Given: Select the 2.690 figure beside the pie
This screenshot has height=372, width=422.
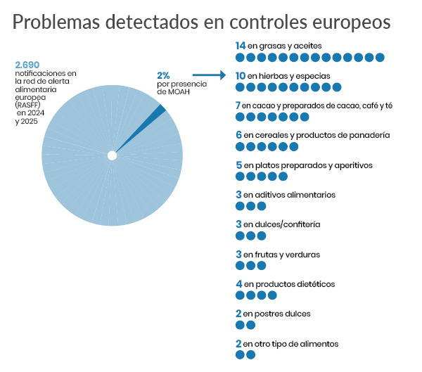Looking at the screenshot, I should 27,65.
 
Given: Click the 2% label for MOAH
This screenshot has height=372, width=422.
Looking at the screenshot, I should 163,75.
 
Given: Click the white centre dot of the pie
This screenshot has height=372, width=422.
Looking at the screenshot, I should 112,155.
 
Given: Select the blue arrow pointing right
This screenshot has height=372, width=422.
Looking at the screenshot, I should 208,74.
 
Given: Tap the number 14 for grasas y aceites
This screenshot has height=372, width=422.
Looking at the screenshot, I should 241,46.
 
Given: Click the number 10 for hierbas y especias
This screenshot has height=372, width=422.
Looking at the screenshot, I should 241,75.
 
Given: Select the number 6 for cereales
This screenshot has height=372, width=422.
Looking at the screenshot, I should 238,135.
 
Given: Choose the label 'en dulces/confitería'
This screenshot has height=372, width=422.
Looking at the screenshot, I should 282,224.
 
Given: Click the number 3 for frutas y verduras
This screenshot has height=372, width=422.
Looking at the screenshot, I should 238,255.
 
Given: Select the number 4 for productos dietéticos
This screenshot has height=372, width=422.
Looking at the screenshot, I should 238,284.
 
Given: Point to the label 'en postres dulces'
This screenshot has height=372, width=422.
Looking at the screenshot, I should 277,314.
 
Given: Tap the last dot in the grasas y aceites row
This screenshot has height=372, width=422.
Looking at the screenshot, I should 380,57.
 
